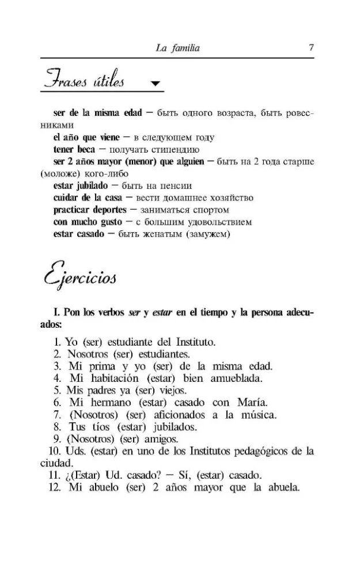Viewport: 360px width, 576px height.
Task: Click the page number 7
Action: [x=311, y=48]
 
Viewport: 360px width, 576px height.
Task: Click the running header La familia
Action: [x=177, y=48]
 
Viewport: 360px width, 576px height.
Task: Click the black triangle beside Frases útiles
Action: [x=154, y=84]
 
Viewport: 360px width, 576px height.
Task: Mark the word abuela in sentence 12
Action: [x=281, y=487]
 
